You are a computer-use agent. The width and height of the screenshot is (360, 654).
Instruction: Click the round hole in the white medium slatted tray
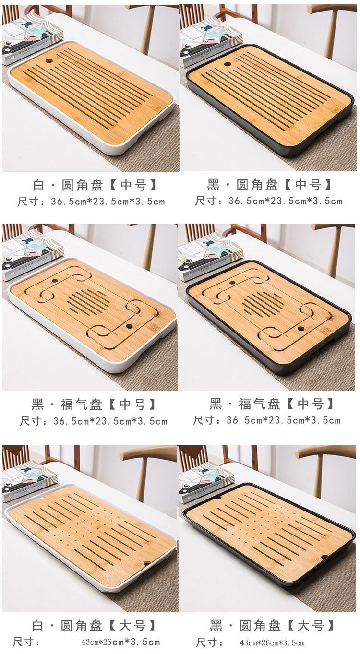pyautogui.click(x=49, y=61)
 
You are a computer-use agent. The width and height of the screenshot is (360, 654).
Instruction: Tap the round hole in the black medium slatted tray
pyautogui.click(x=228, y=64)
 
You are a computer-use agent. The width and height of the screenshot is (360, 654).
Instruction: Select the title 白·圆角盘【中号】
pyautogui.click(x=95, y=185)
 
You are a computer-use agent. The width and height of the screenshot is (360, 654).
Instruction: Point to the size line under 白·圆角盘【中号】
pyautogui.click(x=91, y=202)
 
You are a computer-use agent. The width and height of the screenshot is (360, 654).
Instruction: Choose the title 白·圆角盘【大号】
pyautogui.click(x=94, y=626)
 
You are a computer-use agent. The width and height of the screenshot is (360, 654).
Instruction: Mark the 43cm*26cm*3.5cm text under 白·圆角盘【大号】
pyautogui.click(x=120, y=642)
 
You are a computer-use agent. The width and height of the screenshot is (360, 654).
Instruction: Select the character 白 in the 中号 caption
pyautogui.click(x=38, y=185)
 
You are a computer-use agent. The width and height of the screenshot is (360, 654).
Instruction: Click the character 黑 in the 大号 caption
pyautogui.click(x=216, y=626)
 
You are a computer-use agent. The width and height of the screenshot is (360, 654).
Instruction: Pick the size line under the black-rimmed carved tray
pyautogui.click(x=267, y=420)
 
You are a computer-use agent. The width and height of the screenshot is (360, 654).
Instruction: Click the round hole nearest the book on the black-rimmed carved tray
pyautogui.click(x=232, y=282)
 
